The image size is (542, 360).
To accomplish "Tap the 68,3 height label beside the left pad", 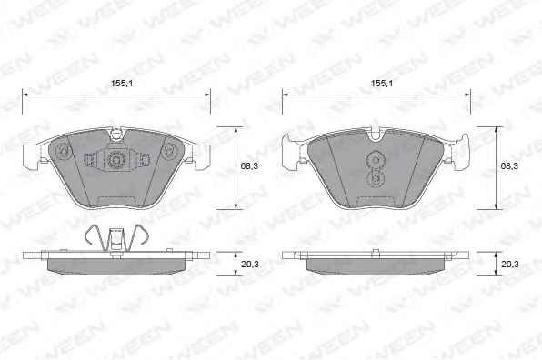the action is click(x=249, y=166).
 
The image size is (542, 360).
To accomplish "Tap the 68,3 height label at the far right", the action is click(x=509, y=166).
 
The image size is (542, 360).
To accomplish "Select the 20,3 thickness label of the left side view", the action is click(x=250, y=265).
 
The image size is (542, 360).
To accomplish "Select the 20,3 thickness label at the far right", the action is click(x=510, y=265).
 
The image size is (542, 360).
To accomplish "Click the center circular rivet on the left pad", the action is click(x=115, y=160).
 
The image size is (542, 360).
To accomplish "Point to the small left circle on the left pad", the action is click(x=64, y=151).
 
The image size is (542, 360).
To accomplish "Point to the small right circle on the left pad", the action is click(x=169, y=150).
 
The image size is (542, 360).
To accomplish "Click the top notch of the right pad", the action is click(x=376, y=135).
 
